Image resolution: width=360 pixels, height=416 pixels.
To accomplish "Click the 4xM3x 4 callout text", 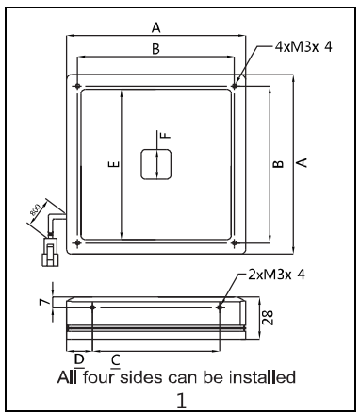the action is pyautogui.click(x=303, y=47).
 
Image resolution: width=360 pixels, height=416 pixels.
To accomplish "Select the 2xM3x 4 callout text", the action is pyautogui.click(x=276, y=275).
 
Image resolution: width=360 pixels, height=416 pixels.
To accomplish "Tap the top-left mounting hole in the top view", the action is pyautogui.click(x=77, y=86).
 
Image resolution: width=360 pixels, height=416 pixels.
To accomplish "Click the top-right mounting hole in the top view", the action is pyautogui.click(x=234, y=86).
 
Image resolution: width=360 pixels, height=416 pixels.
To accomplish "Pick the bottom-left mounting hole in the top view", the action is pyautogui.click(x=77, y=242).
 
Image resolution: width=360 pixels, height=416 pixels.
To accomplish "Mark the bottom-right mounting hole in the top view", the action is pyautogui.click(x=234, y=242).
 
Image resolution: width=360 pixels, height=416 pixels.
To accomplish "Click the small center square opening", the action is pyautogui.click(x=155, y=164).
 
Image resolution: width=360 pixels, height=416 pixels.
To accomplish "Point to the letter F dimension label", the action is pyautogui.click(x=166, y=135).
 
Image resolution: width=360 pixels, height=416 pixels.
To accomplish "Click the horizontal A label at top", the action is pyautogui.click(x=155, y=27).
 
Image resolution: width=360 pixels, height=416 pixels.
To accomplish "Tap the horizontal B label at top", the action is pyautogui.click(x=155, y=49).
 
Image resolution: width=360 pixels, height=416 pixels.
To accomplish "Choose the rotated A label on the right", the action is pyautogui.click(x=302, y=162).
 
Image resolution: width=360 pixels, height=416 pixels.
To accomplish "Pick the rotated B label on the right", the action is pyautogui.click(x=278, y=164).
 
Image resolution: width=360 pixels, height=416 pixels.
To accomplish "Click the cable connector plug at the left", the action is pyautogui.click(x=50, y=252).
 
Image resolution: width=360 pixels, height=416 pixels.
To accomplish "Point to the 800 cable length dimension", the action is pyautogui.click(x=35, y=209).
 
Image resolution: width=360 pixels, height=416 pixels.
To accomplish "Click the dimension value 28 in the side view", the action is pyautogui.click(x=268, y=318).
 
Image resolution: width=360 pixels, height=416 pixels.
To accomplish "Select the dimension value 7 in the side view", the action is pyautogui.click(x=44, y=302).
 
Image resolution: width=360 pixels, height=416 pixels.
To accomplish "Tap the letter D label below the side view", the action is pyautogui.click(x=79, y=358).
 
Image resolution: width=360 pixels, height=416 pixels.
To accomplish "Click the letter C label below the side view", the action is pyautogui.click(x=116, y=359).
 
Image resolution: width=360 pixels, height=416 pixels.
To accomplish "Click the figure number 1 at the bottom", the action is pyautogui.click(x=182, y=401).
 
